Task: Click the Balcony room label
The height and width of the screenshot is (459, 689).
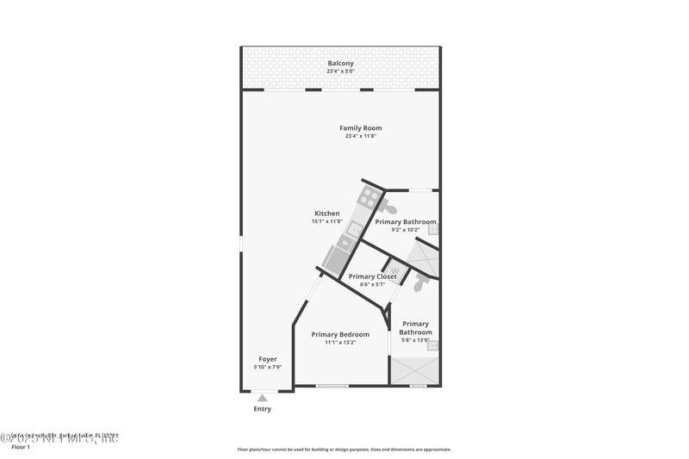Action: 340,63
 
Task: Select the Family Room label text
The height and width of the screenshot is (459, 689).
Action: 360,128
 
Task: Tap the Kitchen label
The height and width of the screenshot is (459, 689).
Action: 326,214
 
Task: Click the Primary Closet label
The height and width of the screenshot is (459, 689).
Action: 372,276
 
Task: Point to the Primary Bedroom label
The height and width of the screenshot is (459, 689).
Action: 340,334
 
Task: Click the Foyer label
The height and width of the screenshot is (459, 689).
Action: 268,359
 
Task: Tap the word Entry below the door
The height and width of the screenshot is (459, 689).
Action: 262,409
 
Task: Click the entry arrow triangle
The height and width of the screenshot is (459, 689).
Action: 262,398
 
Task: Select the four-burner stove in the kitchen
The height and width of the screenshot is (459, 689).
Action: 369,197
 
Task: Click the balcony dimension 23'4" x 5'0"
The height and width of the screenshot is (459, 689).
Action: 340,71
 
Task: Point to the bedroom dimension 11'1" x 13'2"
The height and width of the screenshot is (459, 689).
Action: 340,343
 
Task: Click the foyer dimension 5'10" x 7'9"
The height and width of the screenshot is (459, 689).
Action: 268,368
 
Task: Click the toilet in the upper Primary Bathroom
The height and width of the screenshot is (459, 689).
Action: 389,208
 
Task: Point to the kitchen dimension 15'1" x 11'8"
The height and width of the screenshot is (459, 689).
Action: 327,221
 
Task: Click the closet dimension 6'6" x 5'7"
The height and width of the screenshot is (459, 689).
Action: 372,284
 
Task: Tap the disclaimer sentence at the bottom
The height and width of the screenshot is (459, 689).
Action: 344,449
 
